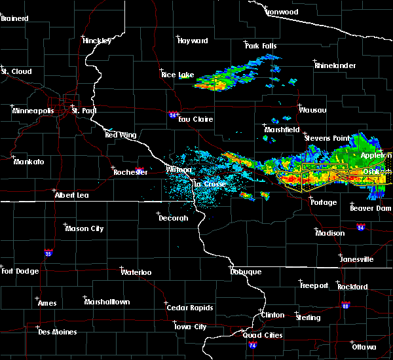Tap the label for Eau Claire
tap(195, 119)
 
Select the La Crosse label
tap(210, 184)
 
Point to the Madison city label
tap(330, 233)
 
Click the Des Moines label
tap(57, 332)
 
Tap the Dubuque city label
tap(246, 272)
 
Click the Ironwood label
tap(282, 12)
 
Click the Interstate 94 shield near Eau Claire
tap(172, 114)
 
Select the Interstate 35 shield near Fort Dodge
tap(48, 252)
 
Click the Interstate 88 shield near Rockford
tap(346, 304)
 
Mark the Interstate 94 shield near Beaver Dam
tap(361, 226)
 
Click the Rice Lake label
tap(178, 75)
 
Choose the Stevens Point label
tap(328, 138)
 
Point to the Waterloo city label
tap(136, 272)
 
